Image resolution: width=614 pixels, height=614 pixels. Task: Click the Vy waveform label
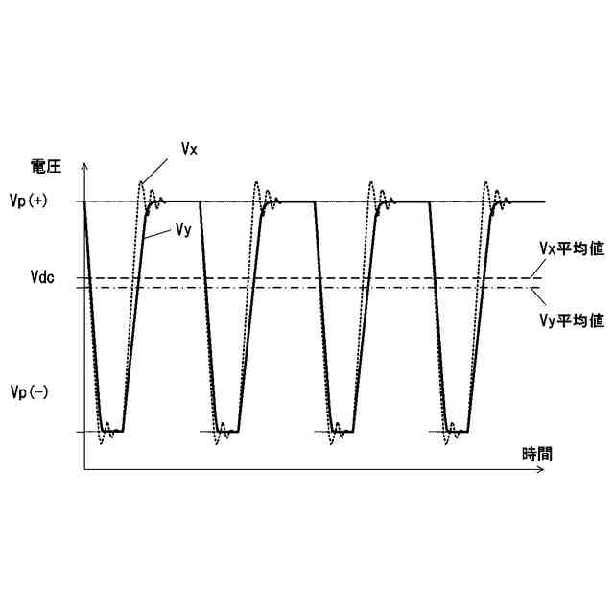(185, 229)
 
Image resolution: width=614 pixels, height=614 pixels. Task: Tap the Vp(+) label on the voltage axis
(37, 201)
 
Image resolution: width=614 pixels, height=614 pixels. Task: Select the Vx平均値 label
(571, 248)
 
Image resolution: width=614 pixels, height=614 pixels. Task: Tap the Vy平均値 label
(571, 321)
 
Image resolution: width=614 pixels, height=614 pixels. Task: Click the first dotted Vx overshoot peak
(142, 182)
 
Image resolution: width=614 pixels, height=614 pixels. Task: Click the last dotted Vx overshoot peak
(486, 182)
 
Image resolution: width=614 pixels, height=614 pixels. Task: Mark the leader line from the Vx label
(162, 166)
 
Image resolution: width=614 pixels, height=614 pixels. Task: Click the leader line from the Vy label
(160, 231)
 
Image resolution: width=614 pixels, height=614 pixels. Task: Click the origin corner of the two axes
(85, 469)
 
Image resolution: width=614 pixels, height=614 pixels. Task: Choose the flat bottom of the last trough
(460, 432)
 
